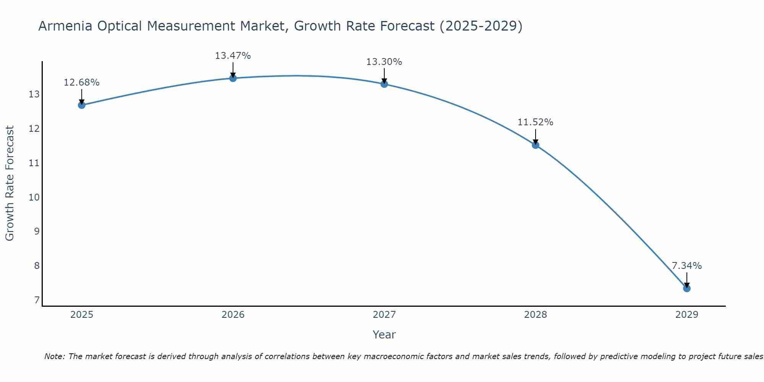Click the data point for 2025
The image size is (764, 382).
tap(82, 105)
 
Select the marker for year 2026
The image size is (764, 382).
tap(233, 78)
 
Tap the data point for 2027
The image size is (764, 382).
tap(384, 84)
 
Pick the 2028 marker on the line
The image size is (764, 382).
tap(536, 145)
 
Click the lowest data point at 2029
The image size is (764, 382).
tap(687, 288)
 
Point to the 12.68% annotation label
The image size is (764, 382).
tap(82, 83)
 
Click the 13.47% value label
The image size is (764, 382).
tap(233, 56)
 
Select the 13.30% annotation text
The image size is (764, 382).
tap(384, 62)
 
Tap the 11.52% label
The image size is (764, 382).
tap(536, 122)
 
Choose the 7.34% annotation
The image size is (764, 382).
tap(687, 266)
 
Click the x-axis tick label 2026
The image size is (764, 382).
tap(233, 315)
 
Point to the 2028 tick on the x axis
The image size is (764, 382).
tap(536, 315)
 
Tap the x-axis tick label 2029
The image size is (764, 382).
tap(687, 315)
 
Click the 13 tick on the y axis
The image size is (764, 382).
tap(34, 94)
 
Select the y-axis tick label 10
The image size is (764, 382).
tap(34, 197)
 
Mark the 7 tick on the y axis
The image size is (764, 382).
tap(37, 300)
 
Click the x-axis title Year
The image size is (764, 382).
tap(384, 335)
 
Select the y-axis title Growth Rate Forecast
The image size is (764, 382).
tap(10, 183)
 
